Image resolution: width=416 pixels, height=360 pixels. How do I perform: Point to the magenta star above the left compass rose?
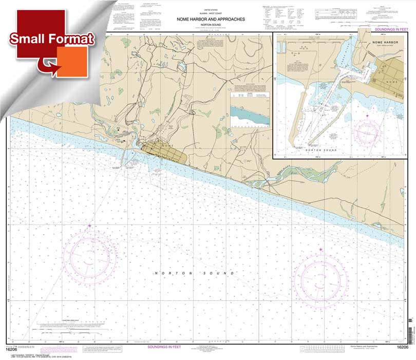[90, 225]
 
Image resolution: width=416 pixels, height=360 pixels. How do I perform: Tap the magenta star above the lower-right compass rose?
[322, 250]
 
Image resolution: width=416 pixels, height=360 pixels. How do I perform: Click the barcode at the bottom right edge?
[411, 334]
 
